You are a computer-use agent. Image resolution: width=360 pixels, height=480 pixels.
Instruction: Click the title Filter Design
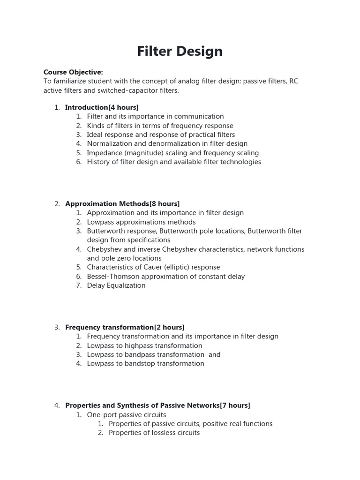[180, 51]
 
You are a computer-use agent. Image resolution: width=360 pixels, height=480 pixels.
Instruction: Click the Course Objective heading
[73, 72]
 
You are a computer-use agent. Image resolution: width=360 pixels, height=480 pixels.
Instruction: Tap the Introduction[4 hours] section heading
[102, 107]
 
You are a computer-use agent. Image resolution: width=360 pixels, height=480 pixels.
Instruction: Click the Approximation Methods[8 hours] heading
[122, 203]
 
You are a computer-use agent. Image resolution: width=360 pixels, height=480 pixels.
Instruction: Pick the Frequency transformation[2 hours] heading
[125, 327]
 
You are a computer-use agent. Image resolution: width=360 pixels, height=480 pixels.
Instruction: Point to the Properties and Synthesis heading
[157, 405]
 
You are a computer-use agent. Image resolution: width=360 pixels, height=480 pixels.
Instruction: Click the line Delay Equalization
[116, 285]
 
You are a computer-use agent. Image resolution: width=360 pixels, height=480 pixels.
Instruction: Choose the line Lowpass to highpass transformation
[144, 345]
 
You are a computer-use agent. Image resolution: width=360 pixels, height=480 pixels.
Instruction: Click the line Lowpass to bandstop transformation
[145, 364]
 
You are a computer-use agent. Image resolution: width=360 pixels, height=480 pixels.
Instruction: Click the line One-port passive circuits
[127, 415]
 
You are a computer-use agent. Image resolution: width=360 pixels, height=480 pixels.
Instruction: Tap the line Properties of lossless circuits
[154, 433]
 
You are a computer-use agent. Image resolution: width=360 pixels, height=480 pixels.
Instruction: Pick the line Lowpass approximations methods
[141, 222]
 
